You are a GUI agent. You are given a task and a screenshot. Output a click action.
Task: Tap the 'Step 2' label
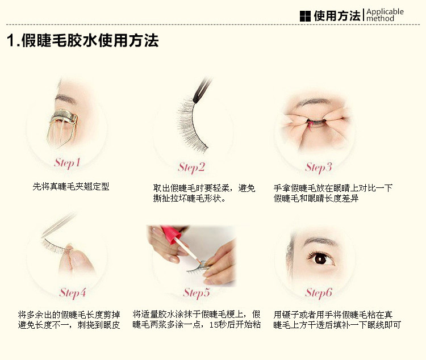(x=191, y=168)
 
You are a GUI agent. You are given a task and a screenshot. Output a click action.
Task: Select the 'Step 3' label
(x=319, y=168)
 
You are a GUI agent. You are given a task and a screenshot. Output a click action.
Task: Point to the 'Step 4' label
(x=73, y=293)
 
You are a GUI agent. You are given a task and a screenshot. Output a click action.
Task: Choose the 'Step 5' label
(x=197, y=293)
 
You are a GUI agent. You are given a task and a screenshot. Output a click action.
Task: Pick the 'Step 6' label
(x=319, y=293)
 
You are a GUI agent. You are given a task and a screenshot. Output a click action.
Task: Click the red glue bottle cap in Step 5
(x=171, y=233)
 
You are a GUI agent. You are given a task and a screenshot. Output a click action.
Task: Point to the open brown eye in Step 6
(x=320, y=258)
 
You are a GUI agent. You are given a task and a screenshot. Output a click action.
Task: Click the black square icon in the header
(x=305, y=16)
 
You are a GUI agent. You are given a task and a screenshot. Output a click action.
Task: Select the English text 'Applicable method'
(x=385, y=15)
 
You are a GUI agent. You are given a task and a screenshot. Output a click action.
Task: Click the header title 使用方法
(x=337, y=16)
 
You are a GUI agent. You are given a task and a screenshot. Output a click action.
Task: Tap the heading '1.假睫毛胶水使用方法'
(x=82, y=40)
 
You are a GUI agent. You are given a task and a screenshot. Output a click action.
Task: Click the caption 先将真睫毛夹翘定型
(x=71, y=186)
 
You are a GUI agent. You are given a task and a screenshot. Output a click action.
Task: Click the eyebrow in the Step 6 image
(x=320, y=240)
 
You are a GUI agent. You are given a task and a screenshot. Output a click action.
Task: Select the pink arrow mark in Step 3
(x=310, y=125)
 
